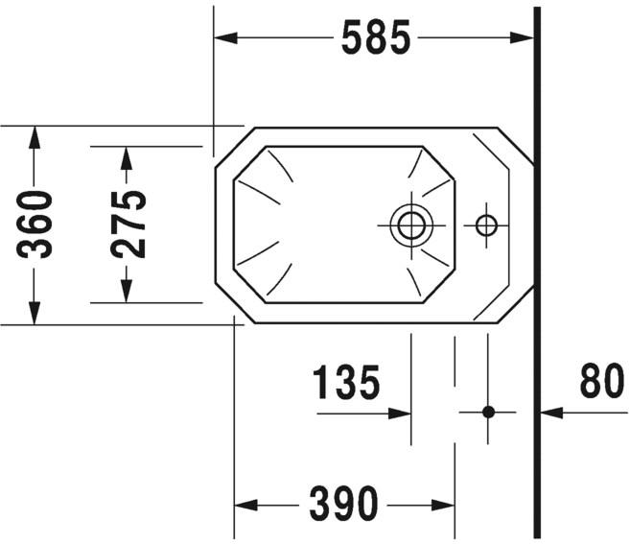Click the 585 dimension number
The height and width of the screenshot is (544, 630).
(375, 38)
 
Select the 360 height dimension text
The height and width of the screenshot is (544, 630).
(36, 225)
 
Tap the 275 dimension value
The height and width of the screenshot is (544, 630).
(128, 225)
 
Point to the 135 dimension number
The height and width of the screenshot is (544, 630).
(347, 384)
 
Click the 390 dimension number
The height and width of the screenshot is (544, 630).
(344, 503)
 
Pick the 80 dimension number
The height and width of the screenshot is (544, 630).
(602, 384)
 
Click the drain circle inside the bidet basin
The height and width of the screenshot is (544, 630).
(410, 225)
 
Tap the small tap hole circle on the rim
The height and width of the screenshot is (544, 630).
(486, 225)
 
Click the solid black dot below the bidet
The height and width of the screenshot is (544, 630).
(488, 412)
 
